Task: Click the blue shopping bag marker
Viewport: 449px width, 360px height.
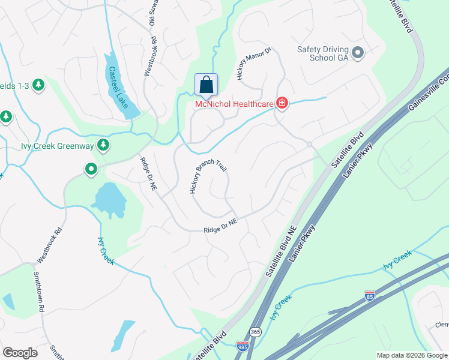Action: click(x=206, y=85)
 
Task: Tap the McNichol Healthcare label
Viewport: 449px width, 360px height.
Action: click(x=234, y=104)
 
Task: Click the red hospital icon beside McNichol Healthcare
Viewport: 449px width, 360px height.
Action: click(x=281, y=104)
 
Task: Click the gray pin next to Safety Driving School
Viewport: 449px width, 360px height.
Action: click(x=358, y=53)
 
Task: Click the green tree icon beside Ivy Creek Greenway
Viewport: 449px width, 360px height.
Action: click(x=103, y=144)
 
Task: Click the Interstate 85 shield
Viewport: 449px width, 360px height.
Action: click(x=370, y=295)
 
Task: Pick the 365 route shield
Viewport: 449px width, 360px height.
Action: click(x=255, y=332)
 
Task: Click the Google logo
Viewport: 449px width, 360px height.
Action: click(x=20, y=353)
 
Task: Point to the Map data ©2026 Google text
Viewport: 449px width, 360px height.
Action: click(x=412, y=355)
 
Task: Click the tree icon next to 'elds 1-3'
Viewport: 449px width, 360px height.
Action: click(x=39, y=85)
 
